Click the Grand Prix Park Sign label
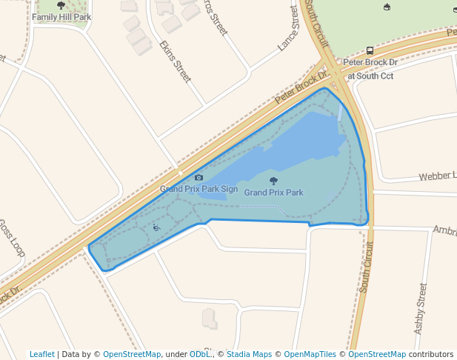pyautogui.click(x=199, y=189)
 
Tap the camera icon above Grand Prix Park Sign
pyautogui.click(x=199, y=178)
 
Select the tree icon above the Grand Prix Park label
pyautogui.click(x=273, y=181)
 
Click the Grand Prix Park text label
pyautogui.click(x=273, y=193)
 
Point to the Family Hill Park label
pyautogui.click(x=61, y=16)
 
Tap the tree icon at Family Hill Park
pyautogui.click(x=61, y=6)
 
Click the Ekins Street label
pyautogui.click(x=176, y=61)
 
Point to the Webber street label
pyautogui.click(x=437, y=176)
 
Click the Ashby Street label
pyautogui.click(x=420, y=308)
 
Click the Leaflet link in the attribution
pyautogui.click(x=42, y=354)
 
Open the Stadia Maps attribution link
pyautogui.click(x=249, y=354)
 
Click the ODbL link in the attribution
pyautogui.click(x=201, y=354)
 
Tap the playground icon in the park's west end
pyautogui.click(x=156, y=228)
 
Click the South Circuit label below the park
pyautogui.click(x=365, y=266)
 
